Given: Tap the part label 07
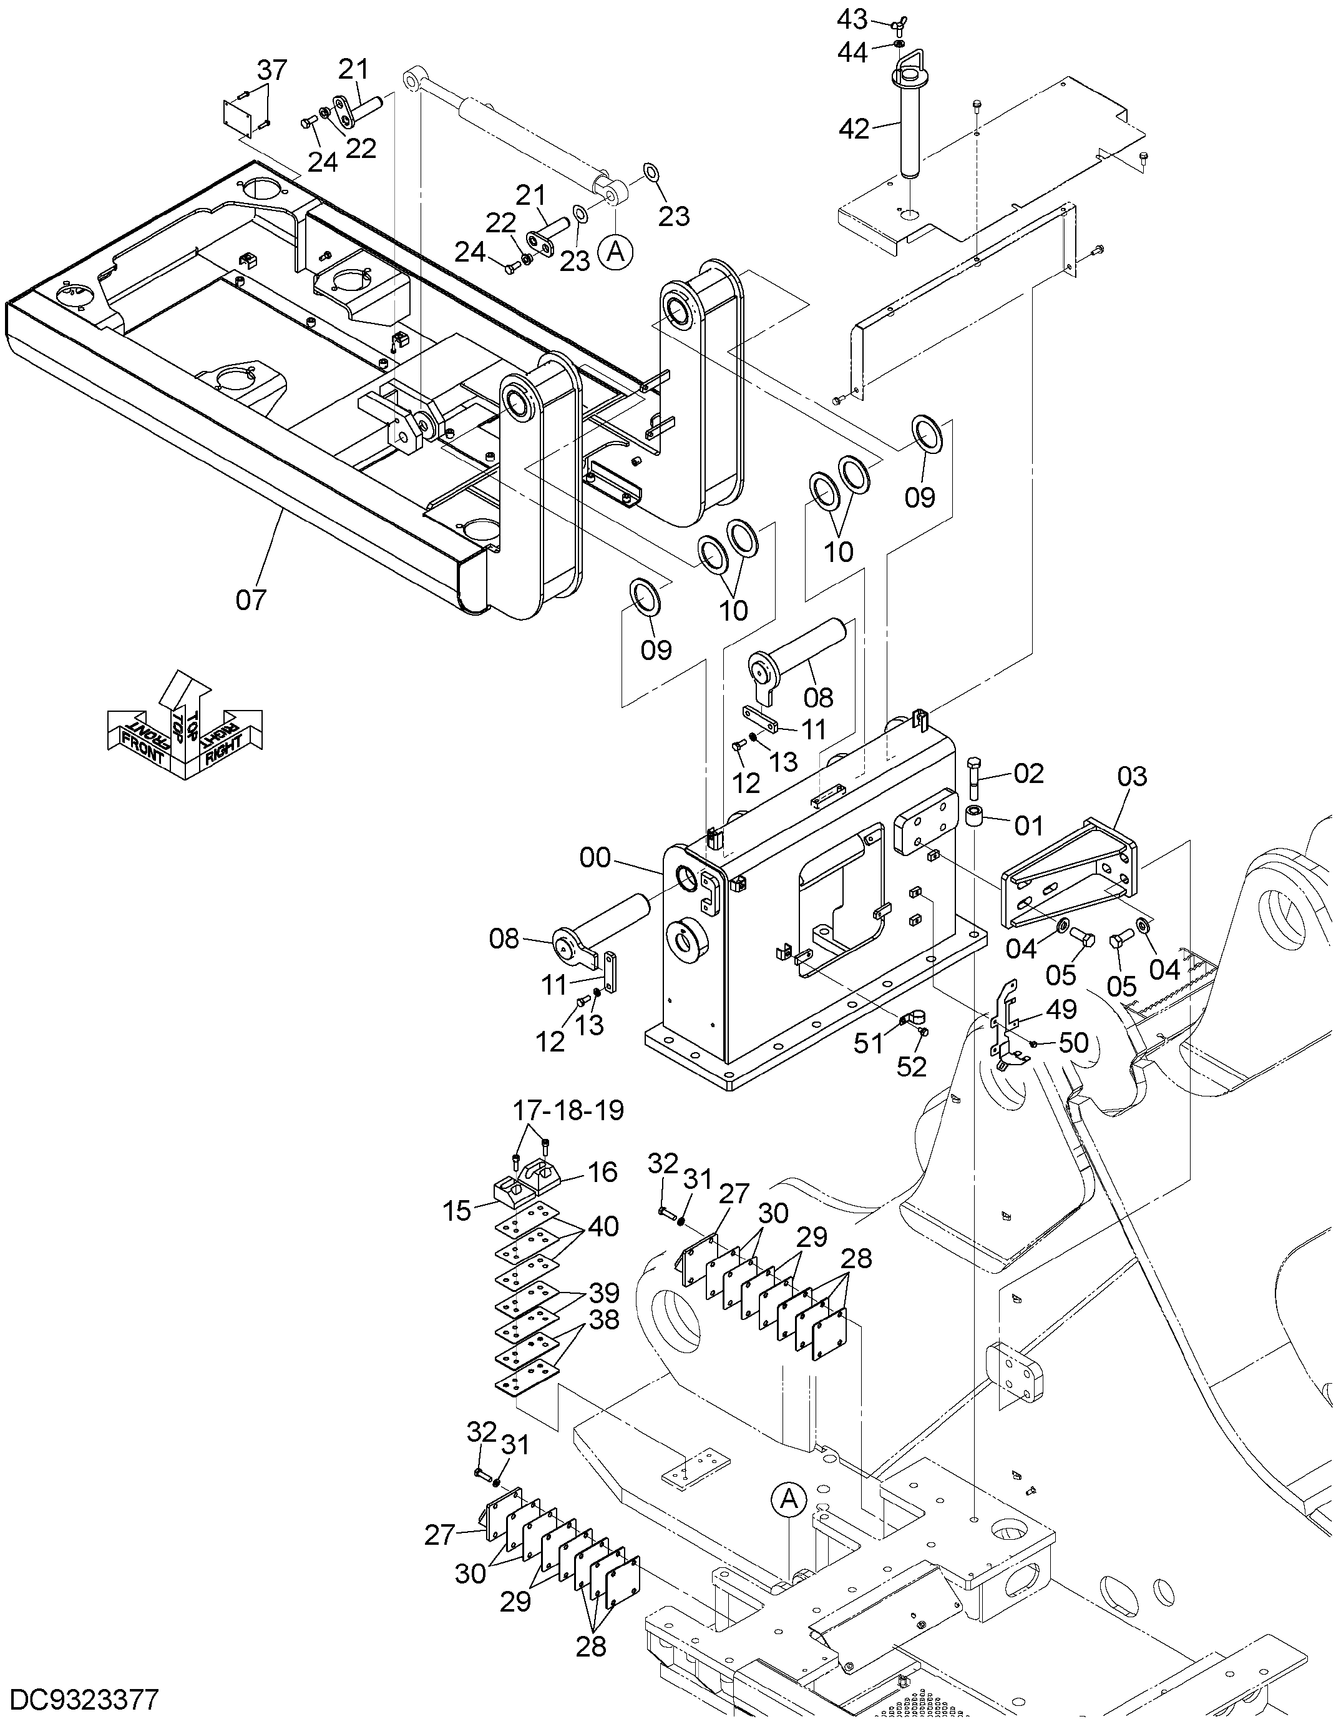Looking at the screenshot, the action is coord(251,600).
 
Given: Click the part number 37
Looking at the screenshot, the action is coord(272,70).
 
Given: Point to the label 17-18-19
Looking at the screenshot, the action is coord(568,1111).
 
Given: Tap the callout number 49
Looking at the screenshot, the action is coord(1061,1010).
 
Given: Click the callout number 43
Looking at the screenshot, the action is coord(852,19).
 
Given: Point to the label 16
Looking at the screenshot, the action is coord(603,1172).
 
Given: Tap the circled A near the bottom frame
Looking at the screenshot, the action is coord(789,1501).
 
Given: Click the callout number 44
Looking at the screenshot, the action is coord(853,52).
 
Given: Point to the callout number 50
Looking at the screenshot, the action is coord(1073,1043).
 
